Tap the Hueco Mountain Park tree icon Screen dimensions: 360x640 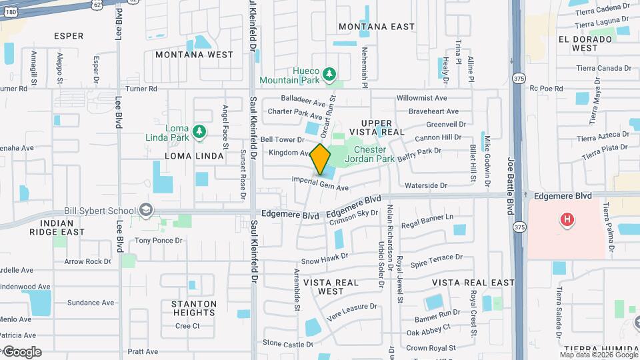point(328,73)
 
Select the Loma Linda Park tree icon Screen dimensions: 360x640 point(199,131)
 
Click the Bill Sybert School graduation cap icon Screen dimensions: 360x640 point(145,211)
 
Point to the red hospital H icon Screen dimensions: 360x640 point(567,219)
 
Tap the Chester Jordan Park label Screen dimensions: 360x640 point(373,155)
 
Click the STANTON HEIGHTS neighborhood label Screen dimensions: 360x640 point(194,309)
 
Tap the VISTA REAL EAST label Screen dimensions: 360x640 point(479,283)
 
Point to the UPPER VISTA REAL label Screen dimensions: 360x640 point(383,127)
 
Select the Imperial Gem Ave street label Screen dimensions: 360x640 point(321,184)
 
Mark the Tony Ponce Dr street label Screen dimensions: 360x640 point(159,241)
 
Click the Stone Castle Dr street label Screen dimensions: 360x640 point(288,343)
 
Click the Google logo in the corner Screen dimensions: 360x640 point(21,351)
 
